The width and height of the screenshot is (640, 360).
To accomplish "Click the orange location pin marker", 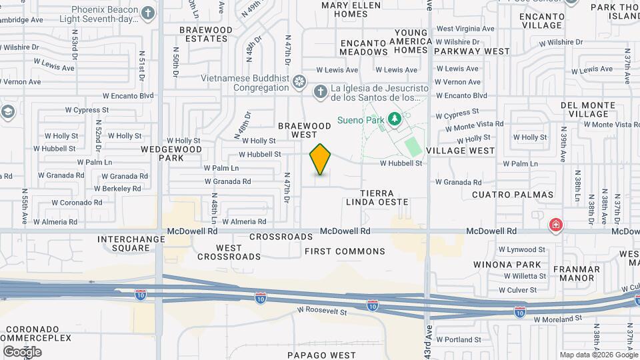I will coord(320,159).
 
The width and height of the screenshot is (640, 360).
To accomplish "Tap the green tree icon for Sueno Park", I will coord(395,119).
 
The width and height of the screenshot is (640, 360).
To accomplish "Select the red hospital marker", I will coord(555,225).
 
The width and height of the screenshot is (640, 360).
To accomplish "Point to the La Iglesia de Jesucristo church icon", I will coord(321,92).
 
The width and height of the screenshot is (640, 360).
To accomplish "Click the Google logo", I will coord(22,351).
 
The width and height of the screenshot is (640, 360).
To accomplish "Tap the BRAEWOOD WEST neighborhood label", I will coord(304,130).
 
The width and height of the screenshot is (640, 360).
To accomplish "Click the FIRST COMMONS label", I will coord(345,251).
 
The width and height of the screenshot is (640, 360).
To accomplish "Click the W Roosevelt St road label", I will coord(322,311).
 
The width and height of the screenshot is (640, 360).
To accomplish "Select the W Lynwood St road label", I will coord(523,250).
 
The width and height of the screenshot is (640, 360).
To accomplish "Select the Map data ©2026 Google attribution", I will coord(598,355).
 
